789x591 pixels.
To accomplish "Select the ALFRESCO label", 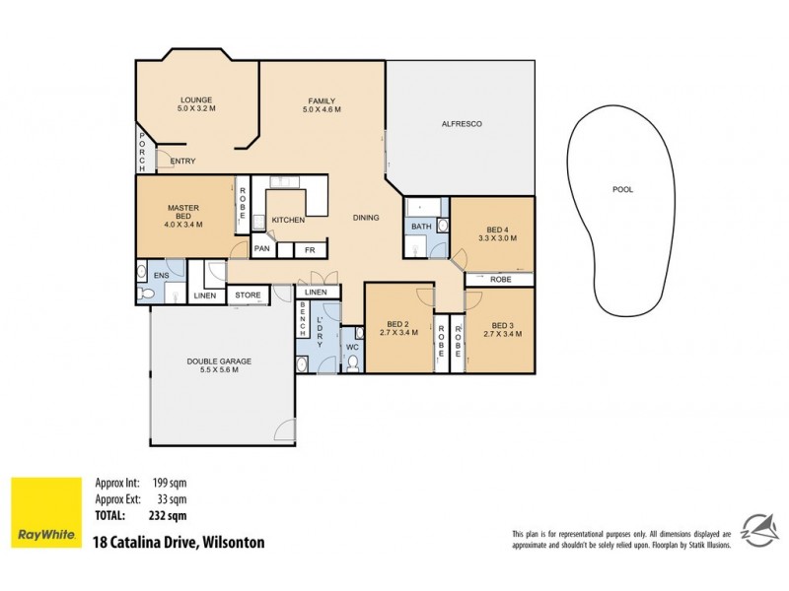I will (x=460, y=125).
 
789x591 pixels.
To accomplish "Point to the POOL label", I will (x=622, y=189).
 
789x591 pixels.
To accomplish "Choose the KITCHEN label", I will (x=288, y=220).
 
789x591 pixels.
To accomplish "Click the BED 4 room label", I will (x=491, y=233).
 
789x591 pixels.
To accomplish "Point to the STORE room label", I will (x=248, y=295).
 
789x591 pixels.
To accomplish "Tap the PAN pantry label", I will (x=262, y=249).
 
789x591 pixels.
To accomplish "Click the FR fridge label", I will (x=308, y=249).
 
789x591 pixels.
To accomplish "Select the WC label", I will (x=351, y=347).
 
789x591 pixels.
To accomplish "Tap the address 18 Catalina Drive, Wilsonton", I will (x=178, y=542).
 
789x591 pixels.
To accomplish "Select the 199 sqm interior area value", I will (x=170, y=483).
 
